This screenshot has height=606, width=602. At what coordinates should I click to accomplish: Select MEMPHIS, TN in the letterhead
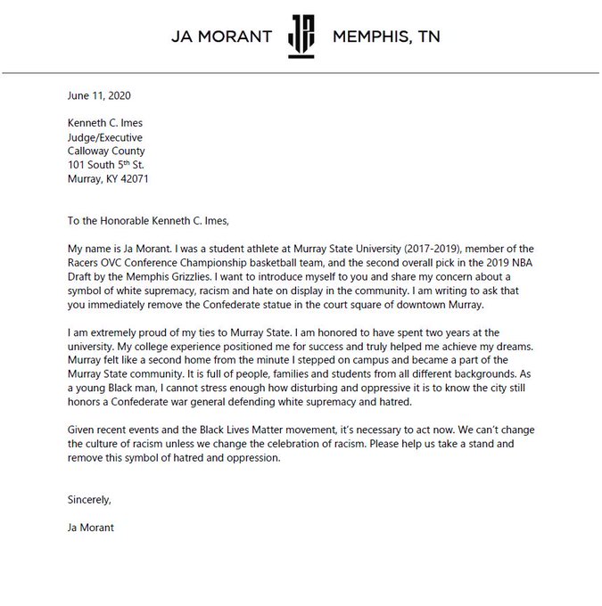(x=385, y=37)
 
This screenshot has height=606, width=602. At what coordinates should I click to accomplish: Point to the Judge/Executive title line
(x=105, y=138)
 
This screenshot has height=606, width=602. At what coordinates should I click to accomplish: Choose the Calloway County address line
(x=106, y=151)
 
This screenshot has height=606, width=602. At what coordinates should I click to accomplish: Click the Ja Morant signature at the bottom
(x=91, y=527)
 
